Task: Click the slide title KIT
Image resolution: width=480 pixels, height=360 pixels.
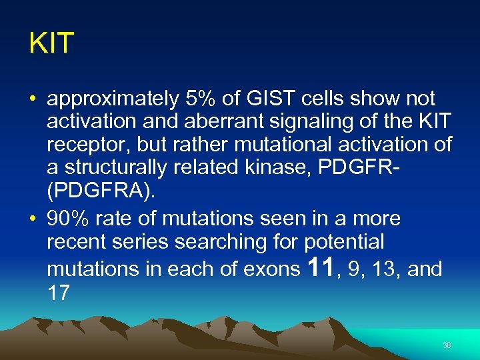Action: (51, 44)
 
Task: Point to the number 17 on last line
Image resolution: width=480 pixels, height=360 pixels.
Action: (59, 293)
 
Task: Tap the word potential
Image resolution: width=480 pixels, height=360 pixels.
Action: (345, 241)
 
